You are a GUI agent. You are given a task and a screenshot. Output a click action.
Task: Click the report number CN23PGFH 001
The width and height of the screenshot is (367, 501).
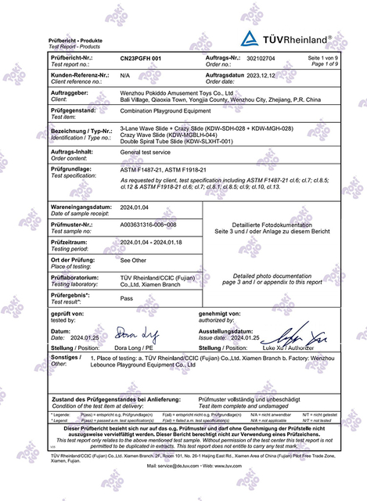[141, 59]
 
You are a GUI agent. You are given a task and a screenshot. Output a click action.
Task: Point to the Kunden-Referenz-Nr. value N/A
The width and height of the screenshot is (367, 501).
[125, 76]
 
